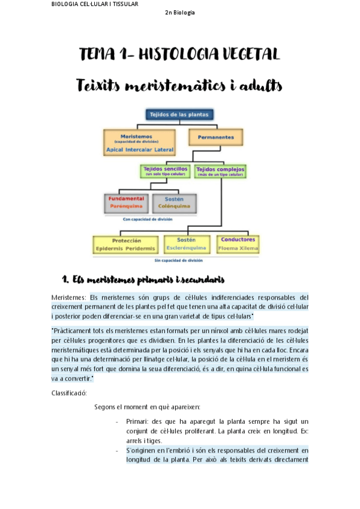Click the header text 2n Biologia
click(x=179, y=13)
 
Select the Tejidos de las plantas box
click(x=179, y=114)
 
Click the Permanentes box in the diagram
click(x=216, y=137)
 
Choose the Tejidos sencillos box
click(x=165, y=171)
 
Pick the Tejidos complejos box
click(x=220, y=171)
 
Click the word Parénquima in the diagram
click(x=125, y=205)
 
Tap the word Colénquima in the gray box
click(x=174, y=205)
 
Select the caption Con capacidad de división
click(x=148, y=219)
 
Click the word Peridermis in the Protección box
click(x=142, y=248)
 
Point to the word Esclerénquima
click(x=186, y=247)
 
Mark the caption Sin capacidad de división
click(x=178, y=261)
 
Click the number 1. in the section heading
click(x=65, y=279)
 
